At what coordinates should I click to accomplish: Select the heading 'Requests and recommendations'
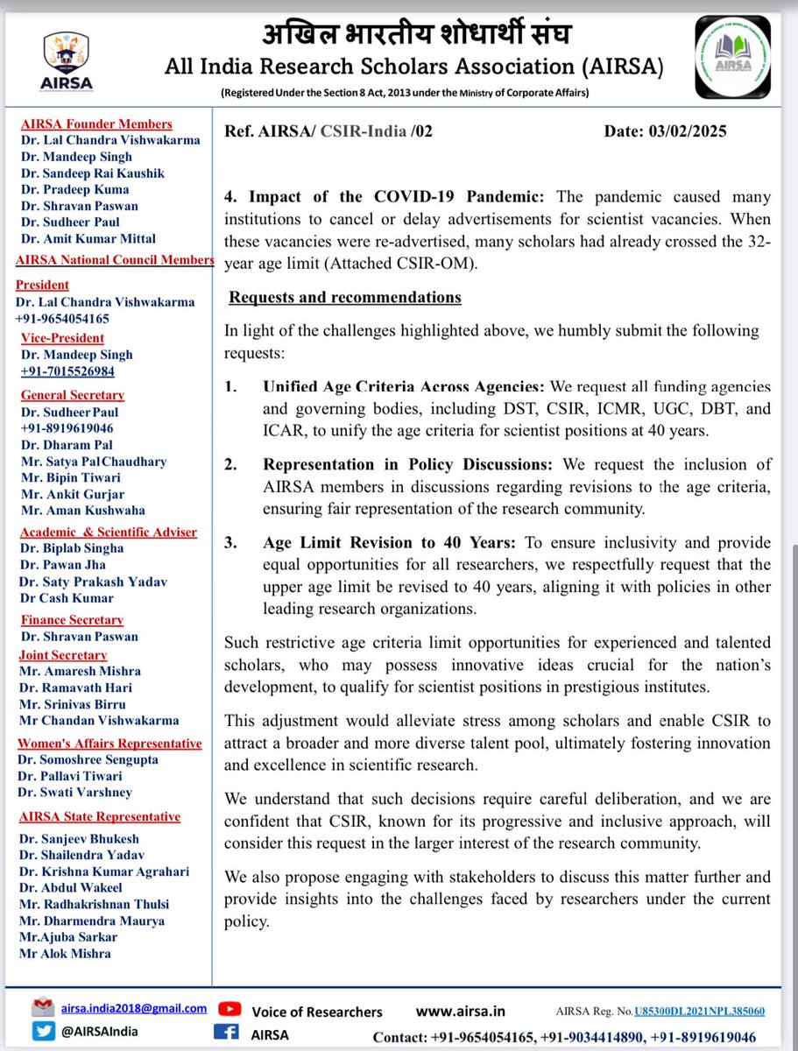(345, 297)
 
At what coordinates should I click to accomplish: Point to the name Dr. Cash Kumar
(67, 598)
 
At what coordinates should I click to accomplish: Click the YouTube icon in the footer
(230, 1010)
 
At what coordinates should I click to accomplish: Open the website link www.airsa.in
(460, 1011)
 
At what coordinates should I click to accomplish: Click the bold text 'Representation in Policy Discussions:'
(411, 464)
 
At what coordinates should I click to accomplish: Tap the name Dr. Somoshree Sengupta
(88, 760)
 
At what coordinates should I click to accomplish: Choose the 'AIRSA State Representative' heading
(100, 816)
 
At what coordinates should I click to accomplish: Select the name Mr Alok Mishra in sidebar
(65, 953)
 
